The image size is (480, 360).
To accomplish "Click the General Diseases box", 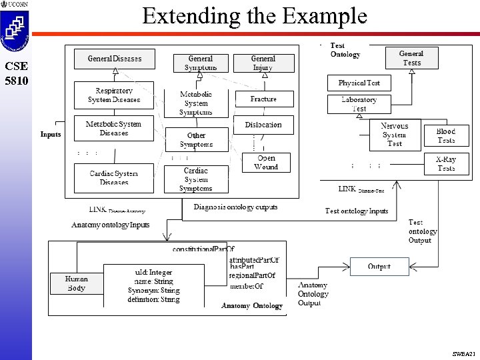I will (114, 59).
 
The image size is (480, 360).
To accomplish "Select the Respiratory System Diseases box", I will (114, 95).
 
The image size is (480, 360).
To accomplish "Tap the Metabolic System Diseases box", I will (114, 128).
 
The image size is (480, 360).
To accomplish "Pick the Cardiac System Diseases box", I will (114, 177).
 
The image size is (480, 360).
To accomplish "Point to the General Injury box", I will (263, 63).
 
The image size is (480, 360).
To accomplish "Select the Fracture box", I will (263, 99).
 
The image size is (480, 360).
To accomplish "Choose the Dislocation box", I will (263, 125).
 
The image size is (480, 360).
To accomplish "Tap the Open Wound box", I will (266, 163).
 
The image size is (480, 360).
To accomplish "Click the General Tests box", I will (411, 58).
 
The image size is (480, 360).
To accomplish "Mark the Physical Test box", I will (359, 83).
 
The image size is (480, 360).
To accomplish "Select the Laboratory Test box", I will (359, 104).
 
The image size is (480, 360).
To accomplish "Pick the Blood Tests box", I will (446, 136).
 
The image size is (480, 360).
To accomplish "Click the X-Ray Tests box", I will (446, 164).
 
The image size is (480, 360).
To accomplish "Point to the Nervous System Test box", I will (395, 135).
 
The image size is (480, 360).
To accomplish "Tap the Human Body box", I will (76, 283).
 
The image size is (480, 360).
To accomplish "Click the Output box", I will (379, 267).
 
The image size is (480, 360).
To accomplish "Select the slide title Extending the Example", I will (254, 16).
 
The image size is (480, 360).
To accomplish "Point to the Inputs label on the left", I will (51, 134).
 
